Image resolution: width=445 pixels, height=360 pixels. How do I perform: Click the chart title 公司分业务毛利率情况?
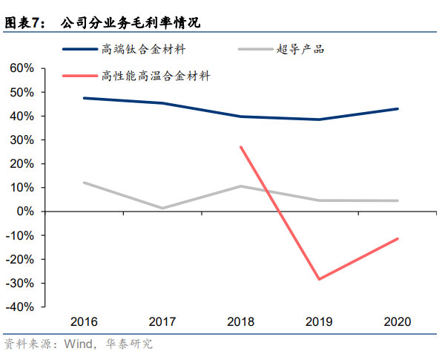(131, 24)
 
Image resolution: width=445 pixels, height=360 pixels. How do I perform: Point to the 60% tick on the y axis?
(22, 68)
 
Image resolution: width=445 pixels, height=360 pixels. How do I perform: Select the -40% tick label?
(20, 307)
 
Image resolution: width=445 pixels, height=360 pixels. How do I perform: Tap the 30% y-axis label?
(22, 140)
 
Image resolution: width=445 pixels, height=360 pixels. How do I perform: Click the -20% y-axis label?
(20, 259)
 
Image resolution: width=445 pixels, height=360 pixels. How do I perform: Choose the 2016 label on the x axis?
(84, 322)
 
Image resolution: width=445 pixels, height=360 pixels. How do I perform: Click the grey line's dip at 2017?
(163, 208)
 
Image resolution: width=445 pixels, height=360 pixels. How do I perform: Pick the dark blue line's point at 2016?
(84, 98)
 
